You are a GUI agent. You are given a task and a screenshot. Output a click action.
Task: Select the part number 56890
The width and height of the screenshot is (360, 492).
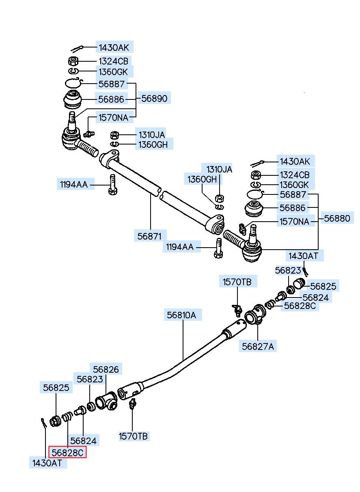coord(154,98)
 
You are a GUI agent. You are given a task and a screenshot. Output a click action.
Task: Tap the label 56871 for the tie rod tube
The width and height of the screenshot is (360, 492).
coord(149,236)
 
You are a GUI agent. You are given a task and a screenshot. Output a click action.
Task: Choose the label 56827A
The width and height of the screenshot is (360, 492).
coord(258,346)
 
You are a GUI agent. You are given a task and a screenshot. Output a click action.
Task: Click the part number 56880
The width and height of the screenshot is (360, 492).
coord(337,218)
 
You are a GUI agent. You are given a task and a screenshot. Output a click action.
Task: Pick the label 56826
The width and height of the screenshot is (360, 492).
coord(106,369)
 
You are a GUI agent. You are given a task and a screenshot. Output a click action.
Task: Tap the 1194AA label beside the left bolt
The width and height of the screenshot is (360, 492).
coord(74,184)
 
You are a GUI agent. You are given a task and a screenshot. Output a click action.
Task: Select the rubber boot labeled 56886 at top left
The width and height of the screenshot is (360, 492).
coord(73,99)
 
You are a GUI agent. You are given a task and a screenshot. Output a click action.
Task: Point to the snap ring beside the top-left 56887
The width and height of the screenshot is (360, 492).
coord(73,83)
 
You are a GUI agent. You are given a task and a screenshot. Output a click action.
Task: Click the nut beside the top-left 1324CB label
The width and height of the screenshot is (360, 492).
coord(73,61)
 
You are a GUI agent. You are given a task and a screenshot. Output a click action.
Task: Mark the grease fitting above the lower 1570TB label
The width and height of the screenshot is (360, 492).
coord(132,404)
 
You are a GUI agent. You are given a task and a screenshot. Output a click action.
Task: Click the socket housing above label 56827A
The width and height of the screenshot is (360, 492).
coord(255,315)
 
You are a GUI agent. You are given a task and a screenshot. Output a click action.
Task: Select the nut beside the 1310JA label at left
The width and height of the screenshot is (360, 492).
coord(114,135)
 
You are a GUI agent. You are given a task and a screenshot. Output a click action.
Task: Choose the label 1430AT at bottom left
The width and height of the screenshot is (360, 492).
coord(47,463)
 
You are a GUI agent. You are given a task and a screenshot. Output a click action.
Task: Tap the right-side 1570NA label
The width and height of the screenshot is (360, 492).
coord(294,222)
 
